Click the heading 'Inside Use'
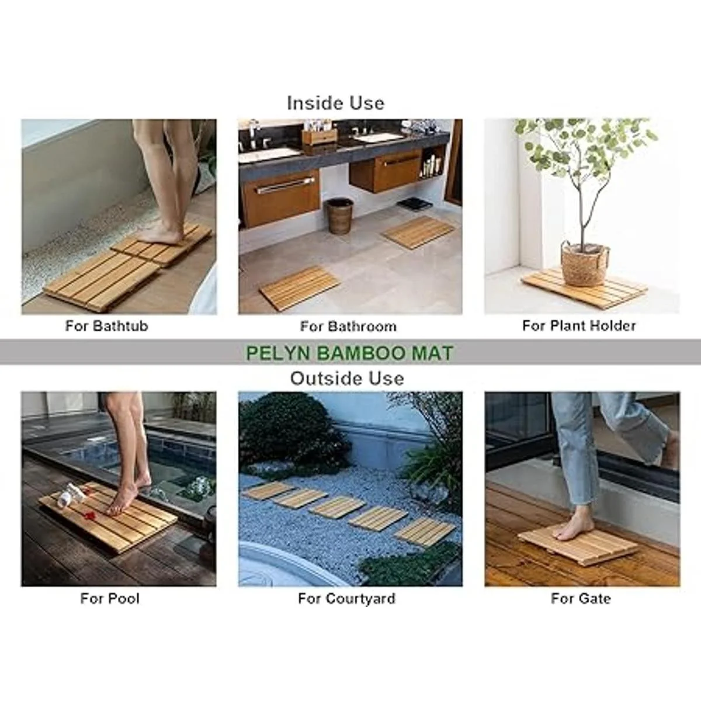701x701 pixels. click(x=335, y=103)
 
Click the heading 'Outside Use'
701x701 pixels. click(x=347, y=379)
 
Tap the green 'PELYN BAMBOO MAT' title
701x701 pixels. click(x=349, y=353)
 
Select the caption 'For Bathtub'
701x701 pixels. click(x=106, y=325)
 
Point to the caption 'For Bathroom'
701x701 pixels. click(x=348, y=327)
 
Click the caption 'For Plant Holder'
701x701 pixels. click(x=579, y=325)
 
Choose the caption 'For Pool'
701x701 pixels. click(x=110, y=598)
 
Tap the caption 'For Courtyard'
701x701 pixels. click(x=346, y=599)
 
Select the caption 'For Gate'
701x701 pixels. click(x=581, y=598)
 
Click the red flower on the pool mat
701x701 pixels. click(x=89, y=515)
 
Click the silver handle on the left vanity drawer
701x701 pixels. click(x=284, y=186)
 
